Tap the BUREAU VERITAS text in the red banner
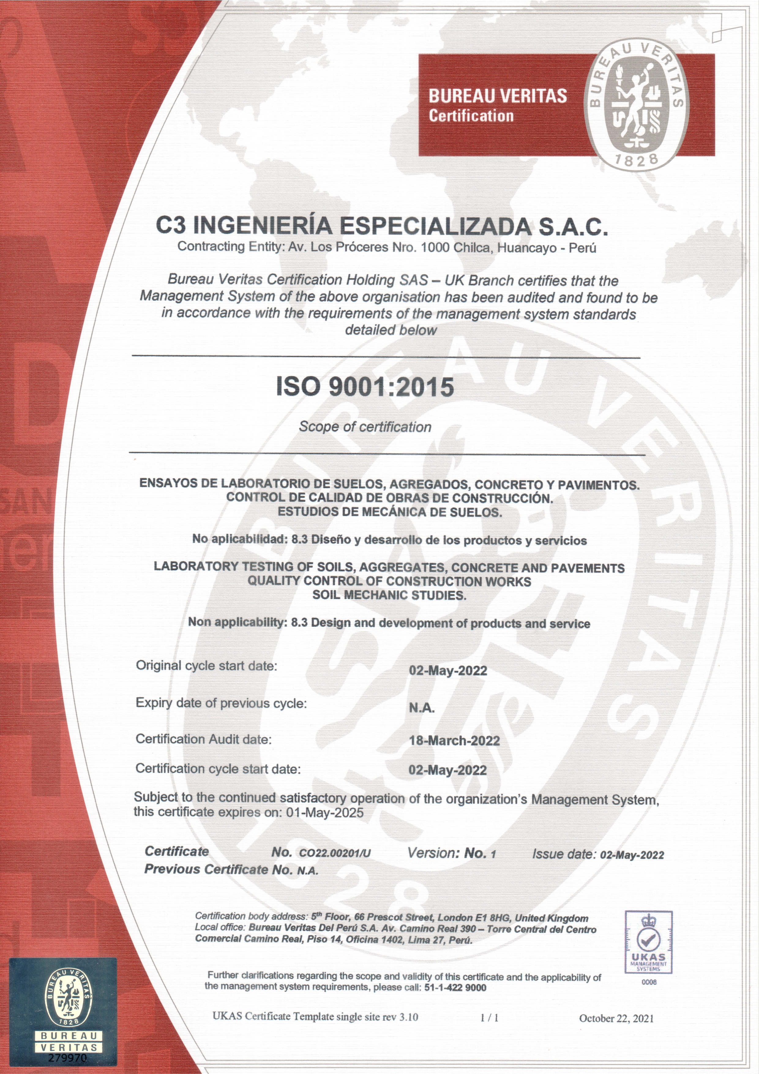[498, 96]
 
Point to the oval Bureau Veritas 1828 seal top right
[637, 105]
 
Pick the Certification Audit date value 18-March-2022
[454, 740]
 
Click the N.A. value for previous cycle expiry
[422, 708]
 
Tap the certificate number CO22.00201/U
[335, 853]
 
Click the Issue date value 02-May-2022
[632, 855]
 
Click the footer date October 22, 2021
[616, 1018]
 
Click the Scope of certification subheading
[365, 427]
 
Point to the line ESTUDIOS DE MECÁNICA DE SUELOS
[390, 512]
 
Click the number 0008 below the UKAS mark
[649, 982]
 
